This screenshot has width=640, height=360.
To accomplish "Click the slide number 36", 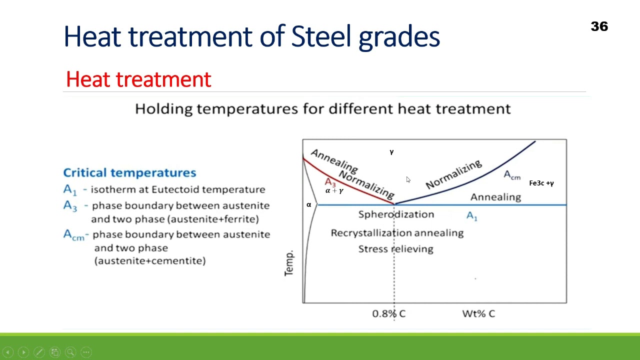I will click(599, 26).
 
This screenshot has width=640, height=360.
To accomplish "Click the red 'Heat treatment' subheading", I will click(138, 79).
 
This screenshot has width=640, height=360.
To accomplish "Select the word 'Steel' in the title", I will click(322, 36).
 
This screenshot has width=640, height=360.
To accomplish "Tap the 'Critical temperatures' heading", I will click(129, 172).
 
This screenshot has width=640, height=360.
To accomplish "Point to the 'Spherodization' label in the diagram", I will click(396, 214).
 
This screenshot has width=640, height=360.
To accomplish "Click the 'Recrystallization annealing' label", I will click(397, 233).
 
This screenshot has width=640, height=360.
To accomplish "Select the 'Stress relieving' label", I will click(395, 249).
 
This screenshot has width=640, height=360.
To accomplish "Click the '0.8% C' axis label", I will click(388, 313).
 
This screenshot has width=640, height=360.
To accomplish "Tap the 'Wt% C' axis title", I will click(478, 313).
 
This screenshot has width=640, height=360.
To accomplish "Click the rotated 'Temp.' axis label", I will click(289, 263).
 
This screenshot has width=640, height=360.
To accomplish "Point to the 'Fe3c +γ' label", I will click(541, 183).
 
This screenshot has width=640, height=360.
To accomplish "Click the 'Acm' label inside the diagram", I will click(511, 175).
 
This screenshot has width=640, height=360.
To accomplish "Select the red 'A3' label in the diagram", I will click(330, 182).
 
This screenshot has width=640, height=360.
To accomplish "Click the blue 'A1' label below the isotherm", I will click(471, 216).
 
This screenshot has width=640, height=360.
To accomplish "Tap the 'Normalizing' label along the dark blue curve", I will click(454, 174).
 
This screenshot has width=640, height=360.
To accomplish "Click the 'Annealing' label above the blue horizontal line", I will click(495, 197).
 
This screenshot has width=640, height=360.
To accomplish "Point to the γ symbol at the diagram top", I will click(391, 152).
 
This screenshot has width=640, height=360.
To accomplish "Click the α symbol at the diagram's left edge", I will click(308, 204).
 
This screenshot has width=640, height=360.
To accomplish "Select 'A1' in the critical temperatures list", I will click(70, 189).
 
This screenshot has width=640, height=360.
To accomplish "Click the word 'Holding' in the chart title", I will click(163, 108).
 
